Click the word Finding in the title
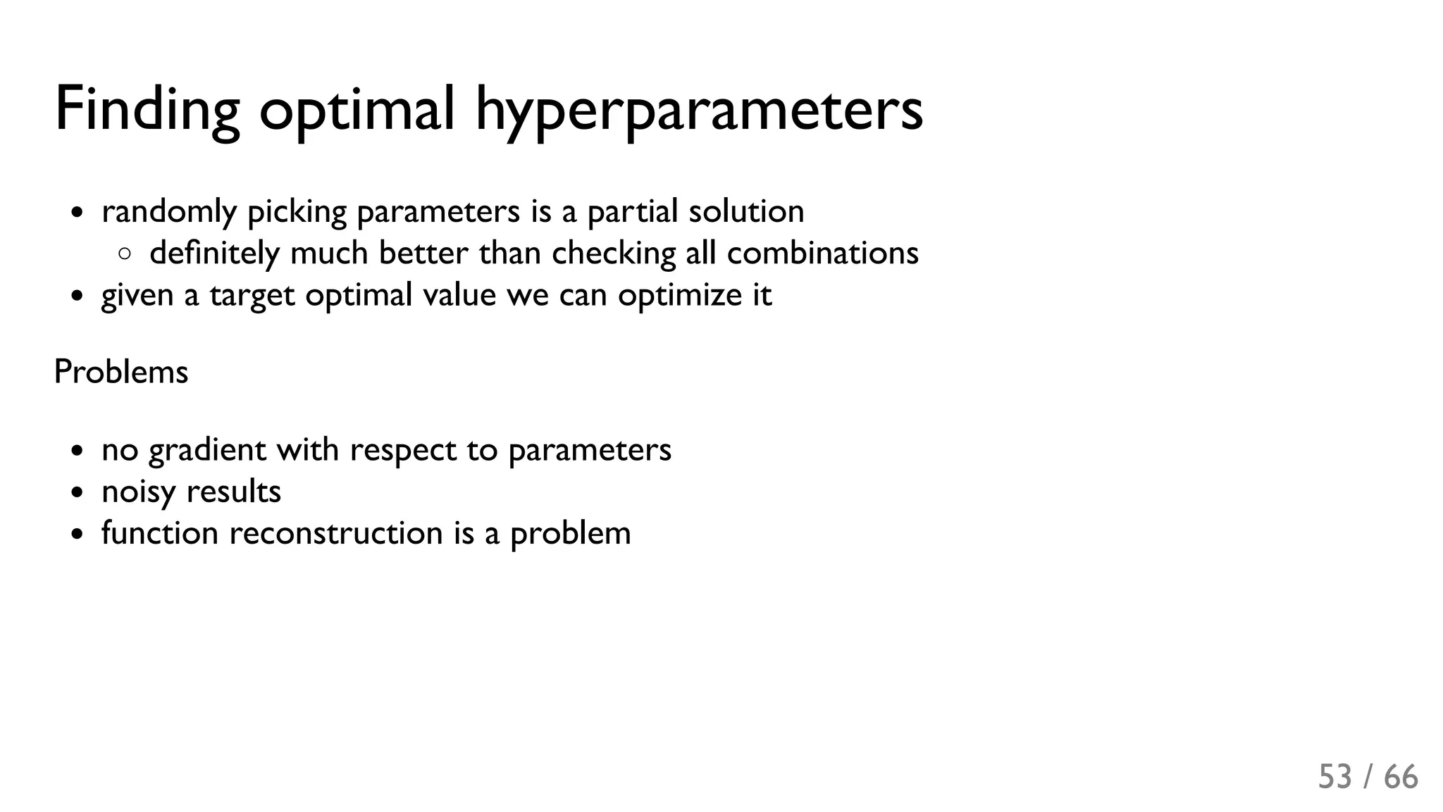147,109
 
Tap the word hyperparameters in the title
699,109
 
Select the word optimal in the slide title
357,109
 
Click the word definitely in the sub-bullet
214,253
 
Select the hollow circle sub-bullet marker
125,254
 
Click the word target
252,294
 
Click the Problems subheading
121,372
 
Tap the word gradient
207,450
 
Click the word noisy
139,492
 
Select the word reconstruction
336,533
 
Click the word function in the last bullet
160,533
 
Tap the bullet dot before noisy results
78,492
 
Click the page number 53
1335,777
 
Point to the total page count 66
1401,777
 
